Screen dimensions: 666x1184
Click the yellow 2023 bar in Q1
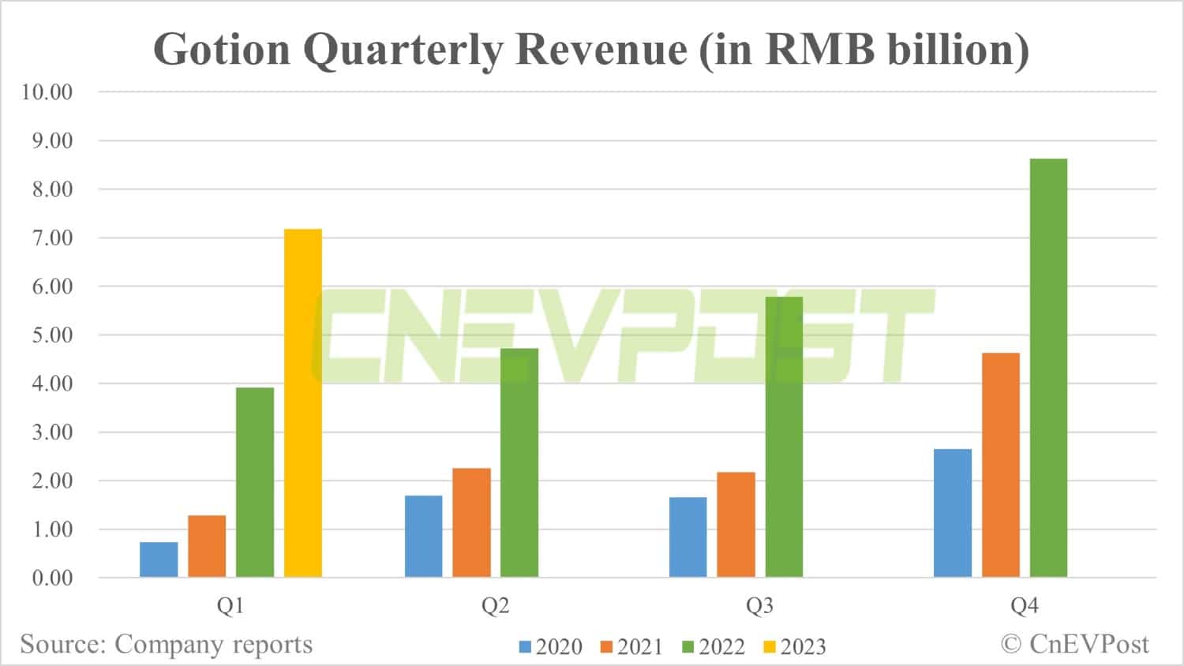(303, 402)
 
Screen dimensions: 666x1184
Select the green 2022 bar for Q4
(1048, 368)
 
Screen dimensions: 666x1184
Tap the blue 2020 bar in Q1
(159, 559)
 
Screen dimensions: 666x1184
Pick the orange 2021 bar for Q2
(471, 522)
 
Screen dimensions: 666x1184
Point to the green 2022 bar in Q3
(784, 436)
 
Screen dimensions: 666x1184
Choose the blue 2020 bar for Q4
(953, 513)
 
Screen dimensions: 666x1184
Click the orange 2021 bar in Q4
(1001, 465)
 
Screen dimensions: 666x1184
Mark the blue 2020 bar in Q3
(688, 537)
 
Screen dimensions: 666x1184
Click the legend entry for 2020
(550, 647)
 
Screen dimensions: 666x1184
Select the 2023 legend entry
(795, 647)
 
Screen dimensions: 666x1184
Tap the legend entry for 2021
(631, 647)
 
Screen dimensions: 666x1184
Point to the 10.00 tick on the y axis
(47, 92)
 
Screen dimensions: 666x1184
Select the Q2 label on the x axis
(496, 606)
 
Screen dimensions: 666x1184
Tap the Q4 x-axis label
(1025, 606)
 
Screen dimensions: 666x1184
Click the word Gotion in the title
(222, 50)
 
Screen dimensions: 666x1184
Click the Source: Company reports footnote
(167, 645)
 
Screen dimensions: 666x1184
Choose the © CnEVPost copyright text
(1075, 644)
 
